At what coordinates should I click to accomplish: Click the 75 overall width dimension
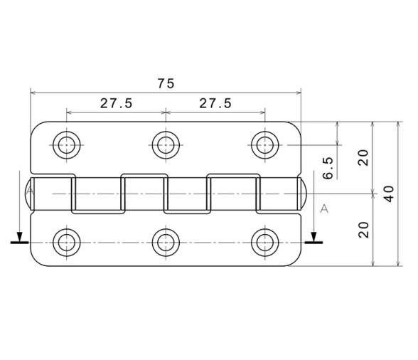point(166,83)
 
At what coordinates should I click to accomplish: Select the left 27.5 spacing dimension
point(116,103)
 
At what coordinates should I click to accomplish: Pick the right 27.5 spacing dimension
point(215,103)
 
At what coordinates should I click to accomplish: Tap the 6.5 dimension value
point(328,168)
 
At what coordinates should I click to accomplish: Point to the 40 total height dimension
point(390,194)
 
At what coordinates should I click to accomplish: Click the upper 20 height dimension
point(363,158)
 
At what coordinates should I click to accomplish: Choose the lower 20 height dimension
point(363,230)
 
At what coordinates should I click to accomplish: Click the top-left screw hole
point(67,145)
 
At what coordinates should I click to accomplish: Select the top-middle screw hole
point(166,145)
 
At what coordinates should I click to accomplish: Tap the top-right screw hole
point(265,145)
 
